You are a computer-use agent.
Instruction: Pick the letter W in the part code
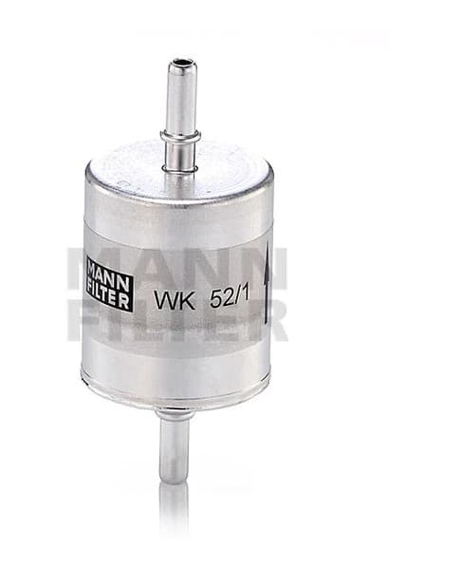coord(164,298)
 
